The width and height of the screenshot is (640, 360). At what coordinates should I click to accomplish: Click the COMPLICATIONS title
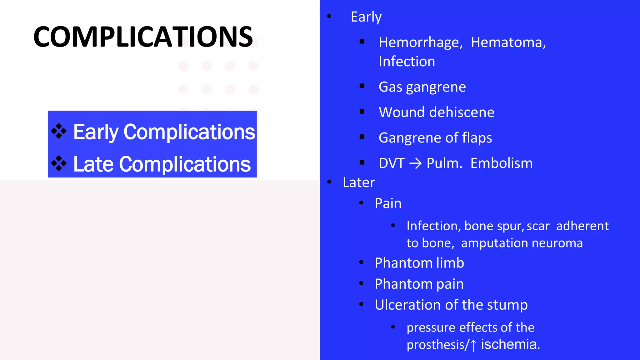pyautogui.click(x=143, y=37)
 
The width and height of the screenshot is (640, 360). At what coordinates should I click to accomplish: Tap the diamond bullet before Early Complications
pyautogui.click(x=59, y=131)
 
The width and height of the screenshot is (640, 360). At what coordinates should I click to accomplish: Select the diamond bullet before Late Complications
pyautogui.click(x=59, y=163)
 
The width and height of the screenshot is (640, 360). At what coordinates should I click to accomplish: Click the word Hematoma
pyautogui.click(x=508, y=42)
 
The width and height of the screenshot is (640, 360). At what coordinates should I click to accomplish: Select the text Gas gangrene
pyautogui.click(x=422, y=87)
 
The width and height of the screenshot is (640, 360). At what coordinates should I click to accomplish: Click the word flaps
pyautogui.click(x=477, y=138)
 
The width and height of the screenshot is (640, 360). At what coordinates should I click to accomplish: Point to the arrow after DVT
pyautogui.click(x=416, y=163)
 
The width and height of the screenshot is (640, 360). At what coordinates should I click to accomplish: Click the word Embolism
pyautogui.click(x=501, y=163)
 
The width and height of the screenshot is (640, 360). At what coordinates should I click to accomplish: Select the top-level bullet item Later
pyautogui.click(x=358, y=182)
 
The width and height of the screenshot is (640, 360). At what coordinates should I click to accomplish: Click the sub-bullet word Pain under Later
pyautogui.click(x=388, y=204)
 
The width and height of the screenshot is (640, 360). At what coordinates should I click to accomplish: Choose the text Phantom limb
pyautogui.click(x=419, y=263)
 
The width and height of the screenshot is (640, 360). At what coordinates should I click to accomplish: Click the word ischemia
pyautogui.click(x=510, y=344)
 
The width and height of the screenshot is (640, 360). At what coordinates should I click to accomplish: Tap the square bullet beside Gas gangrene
pyautogui.click(x=362, y=86)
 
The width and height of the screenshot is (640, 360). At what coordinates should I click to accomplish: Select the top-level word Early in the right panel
pyautogui.click(x=366, y=17)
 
